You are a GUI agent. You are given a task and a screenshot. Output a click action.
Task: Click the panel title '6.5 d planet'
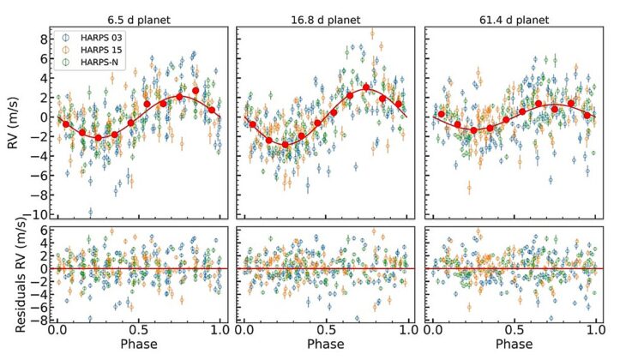click(x=139, y=18)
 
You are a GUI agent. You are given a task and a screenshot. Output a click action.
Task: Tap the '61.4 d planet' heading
click(x=512, y=18)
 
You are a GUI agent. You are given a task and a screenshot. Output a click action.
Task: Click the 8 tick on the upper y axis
click(x=41, y=39)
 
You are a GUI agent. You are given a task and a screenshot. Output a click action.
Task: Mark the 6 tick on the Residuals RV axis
click(x=41, y=231)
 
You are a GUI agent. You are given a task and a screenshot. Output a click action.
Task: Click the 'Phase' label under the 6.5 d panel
click(x=139, y=345)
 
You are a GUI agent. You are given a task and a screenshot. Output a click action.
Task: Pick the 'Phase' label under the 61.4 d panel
click(x=513, y=345)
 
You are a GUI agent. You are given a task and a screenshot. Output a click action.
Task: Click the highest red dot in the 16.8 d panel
click(x=366, y=87)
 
